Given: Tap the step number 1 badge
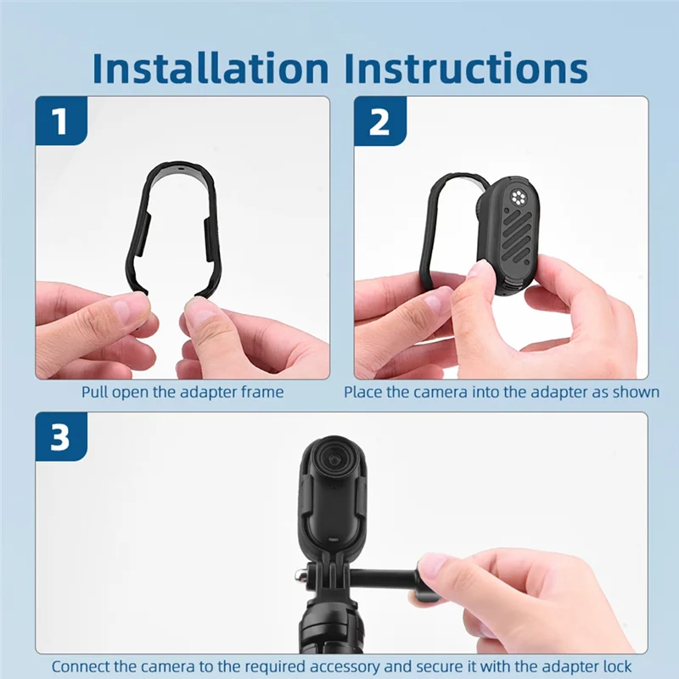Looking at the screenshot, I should pos(59,121).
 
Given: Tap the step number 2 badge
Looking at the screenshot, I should pos(379,121).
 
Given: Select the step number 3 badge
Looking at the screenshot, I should pos(59,438).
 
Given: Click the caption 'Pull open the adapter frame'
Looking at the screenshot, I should pos(182,392).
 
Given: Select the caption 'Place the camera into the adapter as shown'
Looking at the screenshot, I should pos(501,392).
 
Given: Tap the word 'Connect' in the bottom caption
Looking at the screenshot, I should pos(81,666).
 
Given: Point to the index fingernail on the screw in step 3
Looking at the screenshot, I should pos(433,565).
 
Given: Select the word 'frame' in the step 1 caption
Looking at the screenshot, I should pos(264,392).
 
